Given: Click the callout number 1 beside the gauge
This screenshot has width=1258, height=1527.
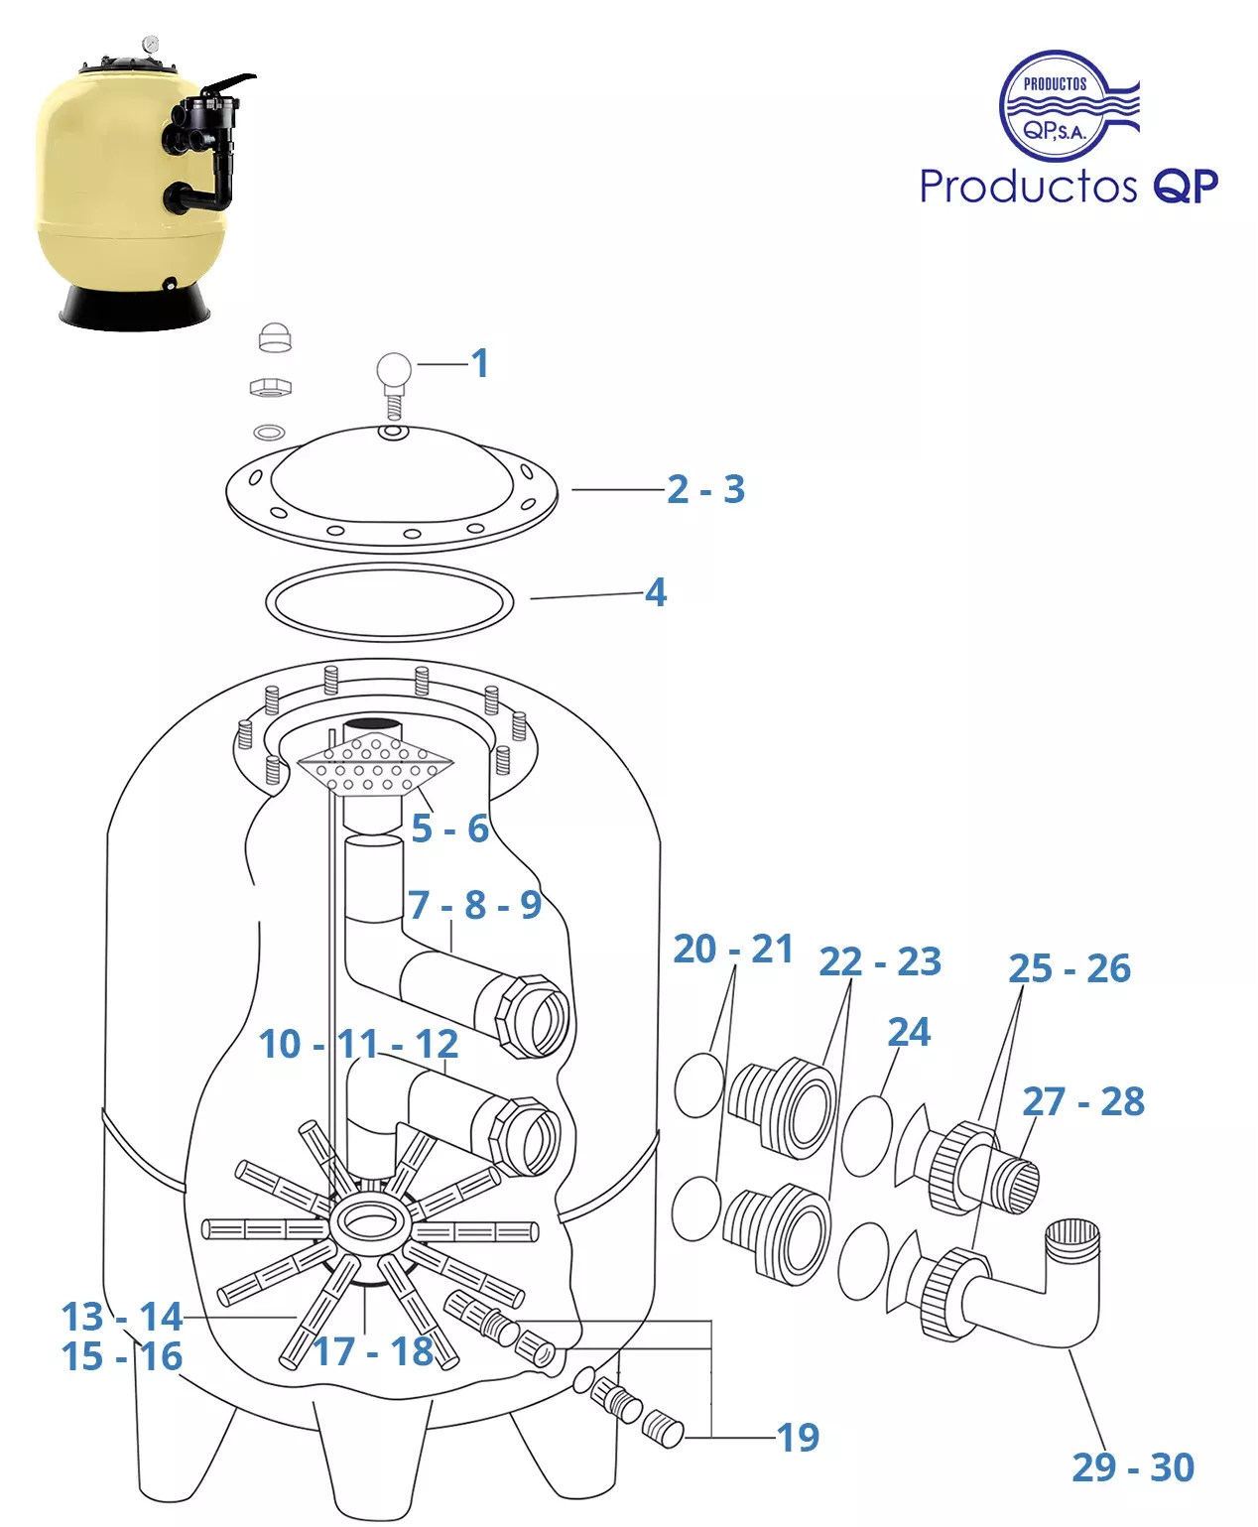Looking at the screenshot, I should pyautogui.click(x=480, y=363).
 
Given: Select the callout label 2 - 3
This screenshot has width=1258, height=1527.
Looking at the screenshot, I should pyautogui.click(x=705, y=489).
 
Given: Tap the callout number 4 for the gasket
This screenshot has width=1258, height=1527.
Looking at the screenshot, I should pyautogui.click(x=656, y=592).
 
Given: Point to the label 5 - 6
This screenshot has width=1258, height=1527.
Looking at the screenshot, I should pyautogui.click(x=450, y=827).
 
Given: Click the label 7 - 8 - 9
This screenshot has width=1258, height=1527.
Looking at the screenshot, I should pyautogui.click(x=474, y=905).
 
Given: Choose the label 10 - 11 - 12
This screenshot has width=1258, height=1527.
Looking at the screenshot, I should pyautogui.click(x=358, y=1044).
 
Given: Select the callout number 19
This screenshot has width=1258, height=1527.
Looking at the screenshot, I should pyautogui.click(x=798, y=1437).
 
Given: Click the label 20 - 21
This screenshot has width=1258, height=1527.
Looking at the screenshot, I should pyautogui.click(x=733, y=949).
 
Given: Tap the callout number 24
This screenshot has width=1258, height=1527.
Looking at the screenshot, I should pyautogui.click(x=909, y=1032).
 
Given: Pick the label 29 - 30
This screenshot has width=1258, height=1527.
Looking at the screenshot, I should pyautogui.click(x=1133, y=1466).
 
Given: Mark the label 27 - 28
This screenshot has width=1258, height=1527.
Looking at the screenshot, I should pyautogui.click(x=1083, y=1101).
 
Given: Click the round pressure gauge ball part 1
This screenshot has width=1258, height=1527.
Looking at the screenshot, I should pyautogui.click(x=394, y=369).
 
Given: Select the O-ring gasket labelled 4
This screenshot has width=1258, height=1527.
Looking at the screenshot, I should pyautogui.click(x=389, y=601).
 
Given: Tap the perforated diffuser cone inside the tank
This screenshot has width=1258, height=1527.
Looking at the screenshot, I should pyautogui.click(x=375, y=766).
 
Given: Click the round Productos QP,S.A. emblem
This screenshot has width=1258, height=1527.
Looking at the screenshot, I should pyautogui.click(x=1056, y=106).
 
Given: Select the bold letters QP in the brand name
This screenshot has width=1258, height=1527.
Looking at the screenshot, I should pyautogui.click(x=1185, y=186).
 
